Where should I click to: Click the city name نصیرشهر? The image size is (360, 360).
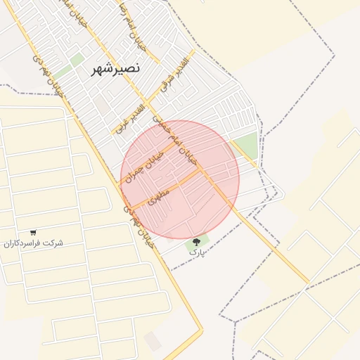point(116,70)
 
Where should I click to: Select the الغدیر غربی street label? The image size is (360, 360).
point(130,119)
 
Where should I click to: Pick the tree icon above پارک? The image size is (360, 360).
point(196,242)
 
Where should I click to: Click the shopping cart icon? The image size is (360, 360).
point(33,233)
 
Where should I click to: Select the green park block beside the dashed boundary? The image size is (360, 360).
point(245,146)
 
